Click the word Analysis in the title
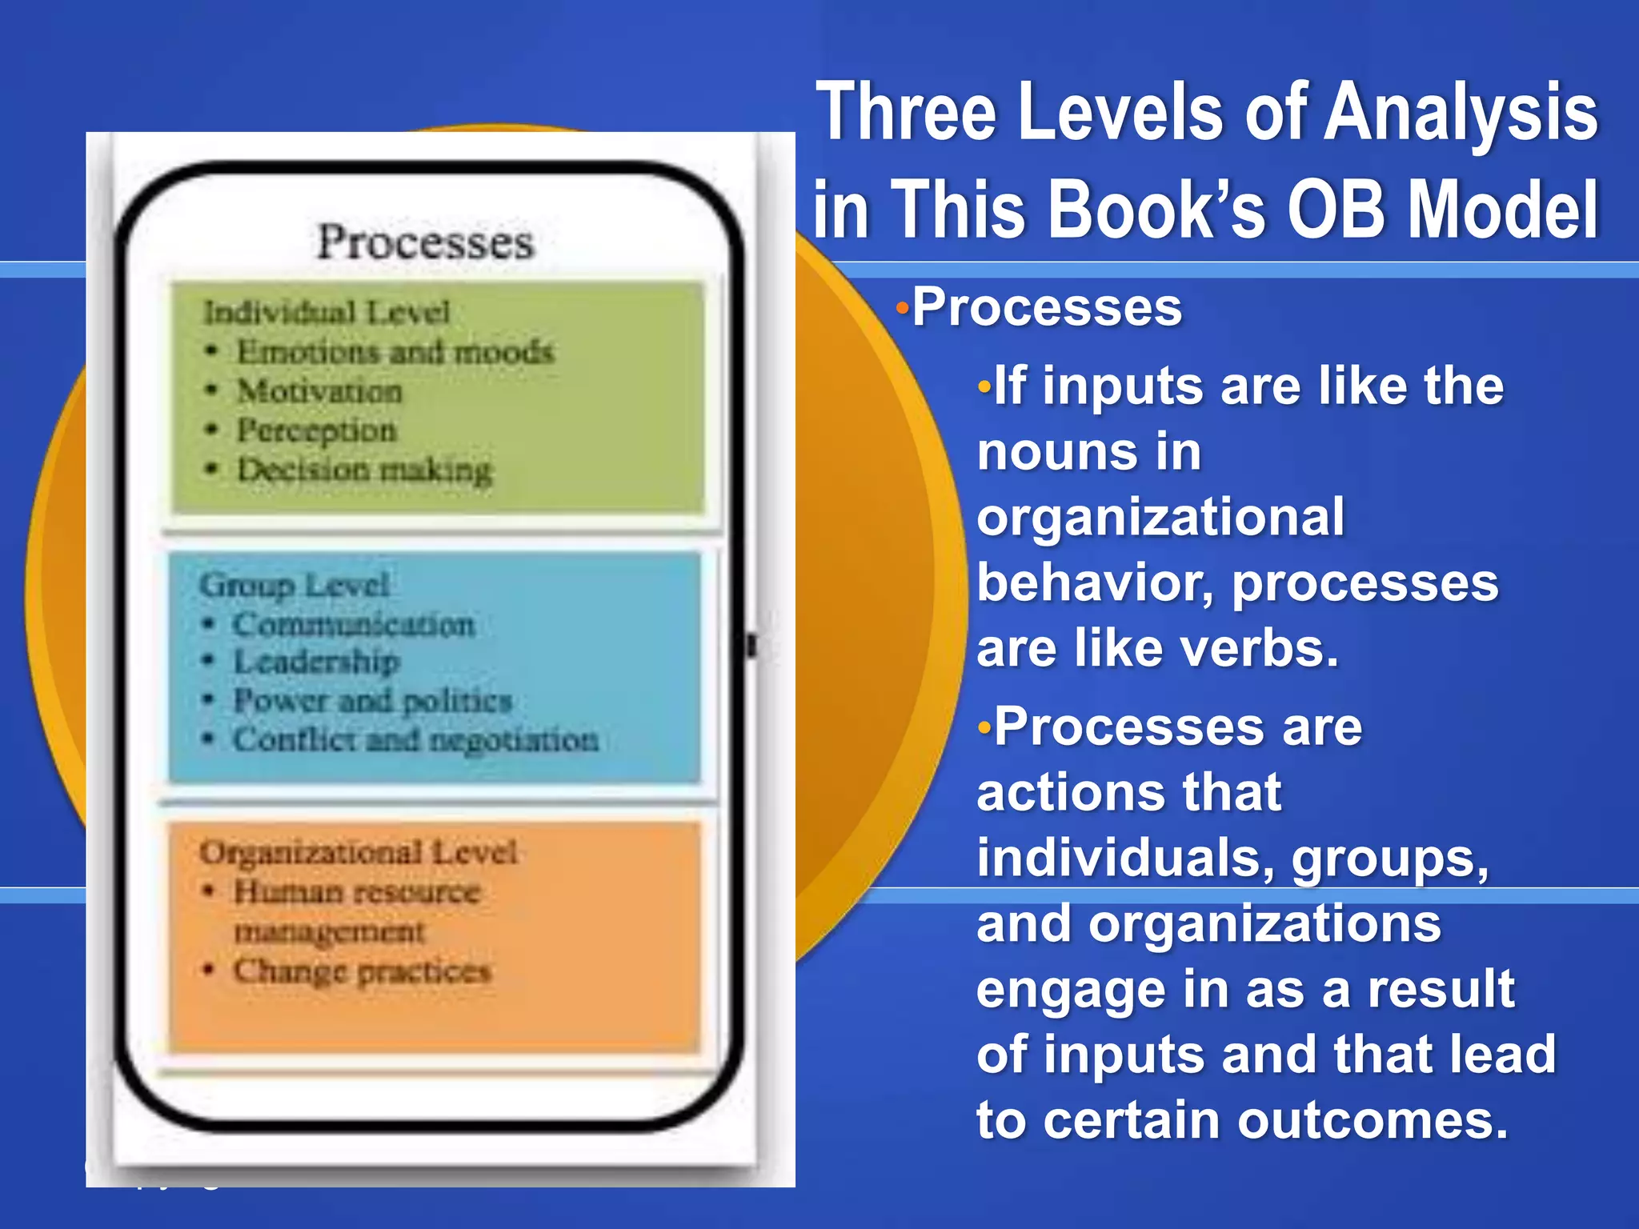(1461, 112)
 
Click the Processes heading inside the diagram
(425, 242)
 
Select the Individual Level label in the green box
(327, 312)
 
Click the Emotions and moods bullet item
(395, 351)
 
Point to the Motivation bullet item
(319, 391)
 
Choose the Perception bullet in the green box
(316, 430)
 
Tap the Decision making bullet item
(364, 470)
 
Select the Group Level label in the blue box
(295, 585)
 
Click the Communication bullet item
(354, 624)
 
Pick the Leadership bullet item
(316, 662)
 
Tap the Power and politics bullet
(372, 701)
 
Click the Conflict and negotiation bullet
(415, 739)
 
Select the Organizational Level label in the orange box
(359, 852)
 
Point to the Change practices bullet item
(362, 971)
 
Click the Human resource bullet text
(357, 891)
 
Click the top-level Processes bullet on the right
(1047, 307)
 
